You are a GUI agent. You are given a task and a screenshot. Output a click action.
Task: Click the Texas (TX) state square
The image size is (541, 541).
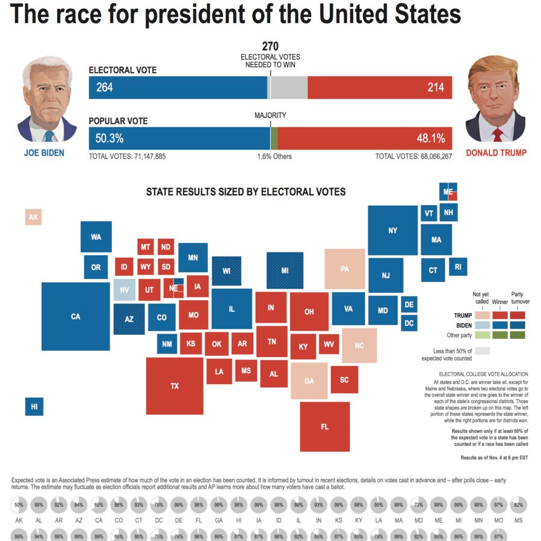[x=175, y=386]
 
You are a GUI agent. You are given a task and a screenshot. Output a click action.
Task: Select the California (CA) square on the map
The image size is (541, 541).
[x=75, y=316]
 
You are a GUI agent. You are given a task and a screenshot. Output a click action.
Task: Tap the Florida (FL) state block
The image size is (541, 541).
[x=325, y=427]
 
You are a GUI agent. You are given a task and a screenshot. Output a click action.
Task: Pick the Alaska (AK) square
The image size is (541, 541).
[x=34, y=217]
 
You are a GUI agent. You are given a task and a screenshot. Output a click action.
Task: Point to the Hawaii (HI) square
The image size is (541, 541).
[x=34, y=407]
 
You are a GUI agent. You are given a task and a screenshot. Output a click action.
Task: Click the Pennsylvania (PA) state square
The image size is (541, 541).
[x=345, y=269]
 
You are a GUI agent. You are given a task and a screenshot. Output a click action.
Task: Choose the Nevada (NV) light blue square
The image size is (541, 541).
[x=125, y=290]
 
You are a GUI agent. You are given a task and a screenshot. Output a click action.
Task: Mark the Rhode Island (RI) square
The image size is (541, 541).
[x=458, y=266]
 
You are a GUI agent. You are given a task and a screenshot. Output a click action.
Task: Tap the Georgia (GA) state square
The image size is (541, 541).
[x=309, y=381]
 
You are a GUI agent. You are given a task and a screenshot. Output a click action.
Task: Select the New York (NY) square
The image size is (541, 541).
[x=393, y=230]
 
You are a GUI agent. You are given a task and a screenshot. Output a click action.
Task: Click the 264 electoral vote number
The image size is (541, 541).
[x=105, y=88]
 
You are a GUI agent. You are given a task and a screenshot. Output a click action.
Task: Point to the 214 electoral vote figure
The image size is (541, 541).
[x=436, y=88]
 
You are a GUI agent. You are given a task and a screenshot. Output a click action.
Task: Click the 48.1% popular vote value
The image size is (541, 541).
[x=431, y=138]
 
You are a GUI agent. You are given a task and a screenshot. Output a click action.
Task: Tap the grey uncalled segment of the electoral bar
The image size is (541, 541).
[x=288, y=88]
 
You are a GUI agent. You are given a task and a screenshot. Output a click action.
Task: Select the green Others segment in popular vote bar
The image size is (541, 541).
[x=274, y=138]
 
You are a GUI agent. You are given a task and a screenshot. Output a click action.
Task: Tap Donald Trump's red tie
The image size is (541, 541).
[x=497, y=134]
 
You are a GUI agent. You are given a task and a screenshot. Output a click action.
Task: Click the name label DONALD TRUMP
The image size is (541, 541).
[x=496, y=153]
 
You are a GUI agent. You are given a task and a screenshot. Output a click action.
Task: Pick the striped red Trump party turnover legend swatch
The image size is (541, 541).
[x=518, y=314]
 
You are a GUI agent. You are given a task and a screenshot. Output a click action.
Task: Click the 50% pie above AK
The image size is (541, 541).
[x=19, y=504]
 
